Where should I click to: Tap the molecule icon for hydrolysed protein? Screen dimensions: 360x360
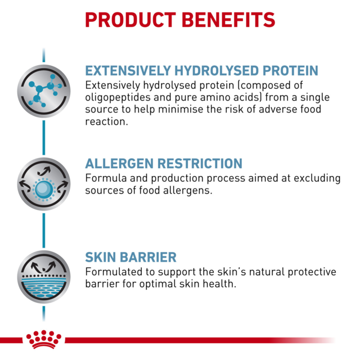coord(44,90)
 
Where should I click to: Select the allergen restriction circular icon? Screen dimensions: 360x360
coord(44,184)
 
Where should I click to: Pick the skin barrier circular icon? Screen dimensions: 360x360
coord(44,277)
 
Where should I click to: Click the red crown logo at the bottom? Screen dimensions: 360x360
coord(43,340)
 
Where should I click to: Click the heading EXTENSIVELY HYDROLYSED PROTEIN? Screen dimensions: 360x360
coord(201,71)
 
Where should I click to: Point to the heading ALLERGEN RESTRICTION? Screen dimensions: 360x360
coord(164,164)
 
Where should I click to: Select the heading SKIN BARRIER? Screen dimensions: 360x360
coord(130,258)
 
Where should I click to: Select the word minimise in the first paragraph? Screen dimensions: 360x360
coord(174,110)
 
